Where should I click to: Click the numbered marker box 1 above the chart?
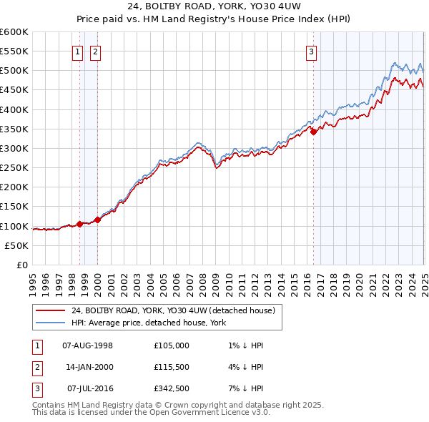(x=77, y=51)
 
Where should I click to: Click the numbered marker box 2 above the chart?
(x=95, y=51)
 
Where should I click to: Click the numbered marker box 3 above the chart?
(x=312, y=51)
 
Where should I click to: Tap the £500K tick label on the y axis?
(x=14, y=71)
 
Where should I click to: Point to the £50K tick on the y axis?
(x=17, y=245)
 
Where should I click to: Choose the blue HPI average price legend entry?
(x=148, y=323)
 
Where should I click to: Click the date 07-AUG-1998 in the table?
(x=87, y=345)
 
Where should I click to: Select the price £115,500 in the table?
(x=171, y=367)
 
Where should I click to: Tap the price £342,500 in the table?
(x=171, y=388)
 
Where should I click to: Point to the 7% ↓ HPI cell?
(x=243, y=388)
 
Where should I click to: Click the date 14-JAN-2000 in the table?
(x=87, y=367)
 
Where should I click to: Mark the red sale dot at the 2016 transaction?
(x=313, y=132)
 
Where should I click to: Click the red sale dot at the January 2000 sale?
(x=97, y=220)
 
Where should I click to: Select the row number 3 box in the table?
(x=36, y=388)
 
